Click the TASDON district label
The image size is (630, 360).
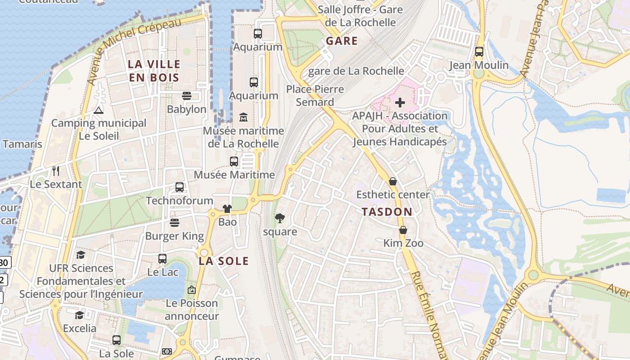click(387, 212)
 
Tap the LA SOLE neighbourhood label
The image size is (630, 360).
click(224, 261)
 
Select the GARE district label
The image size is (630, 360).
click(342, 41)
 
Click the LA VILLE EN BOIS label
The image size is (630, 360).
click(154, 71)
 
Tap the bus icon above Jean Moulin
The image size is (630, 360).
click(479, 52)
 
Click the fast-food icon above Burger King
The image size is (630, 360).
click(175, 223)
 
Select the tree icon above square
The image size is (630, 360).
click(280, 219)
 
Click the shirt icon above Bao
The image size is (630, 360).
click(227, 209)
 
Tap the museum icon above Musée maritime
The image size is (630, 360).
click(243, 117)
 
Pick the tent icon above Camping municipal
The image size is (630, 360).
click(99, 110)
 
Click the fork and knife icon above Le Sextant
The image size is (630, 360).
click(56, 171)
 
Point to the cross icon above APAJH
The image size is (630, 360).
click(400, 103)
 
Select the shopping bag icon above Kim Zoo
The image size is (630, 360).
click(403, 230)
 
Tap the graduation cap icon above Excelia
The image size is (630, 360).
click(80, 315)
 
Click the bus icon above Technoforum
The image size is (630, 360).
click(180, 187)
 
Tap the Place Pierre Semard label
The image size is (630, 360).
click(315, 95)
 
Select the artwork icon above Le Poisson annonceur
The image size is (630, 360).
click(192, 290)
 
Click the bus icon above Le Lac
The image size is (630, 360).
click(162, 259)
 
